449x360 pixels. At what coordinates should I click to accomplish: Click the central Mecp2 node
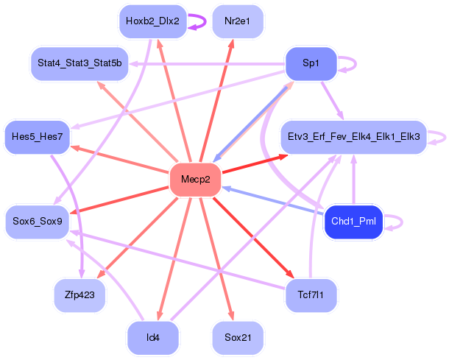tap(196, 180)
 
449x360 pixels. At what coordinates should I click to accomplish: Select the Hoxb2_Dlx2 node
tap(152, 21)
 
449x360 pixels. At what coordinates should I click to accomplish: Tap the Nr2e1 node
tap(237, 21)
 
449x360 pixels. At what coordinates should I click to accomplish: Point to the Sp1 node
tap(311, 63)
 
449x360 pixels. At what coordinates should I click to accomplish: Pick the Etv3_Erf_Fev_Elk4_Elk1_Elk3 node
tap(353, 137)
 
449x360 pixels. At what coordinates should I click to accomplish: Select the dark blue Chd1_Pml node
tap(353, 222)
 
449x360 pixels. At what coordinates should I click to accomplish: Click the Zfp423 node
tap(79, 295)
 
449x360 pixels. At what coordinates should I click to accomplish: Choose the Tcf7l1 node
tap(311, 295)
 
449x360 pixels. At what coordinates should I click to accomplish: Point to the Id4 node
tap(152, 338)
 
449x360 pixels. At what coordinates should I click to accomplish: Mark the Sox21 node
tap(237, 338)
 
